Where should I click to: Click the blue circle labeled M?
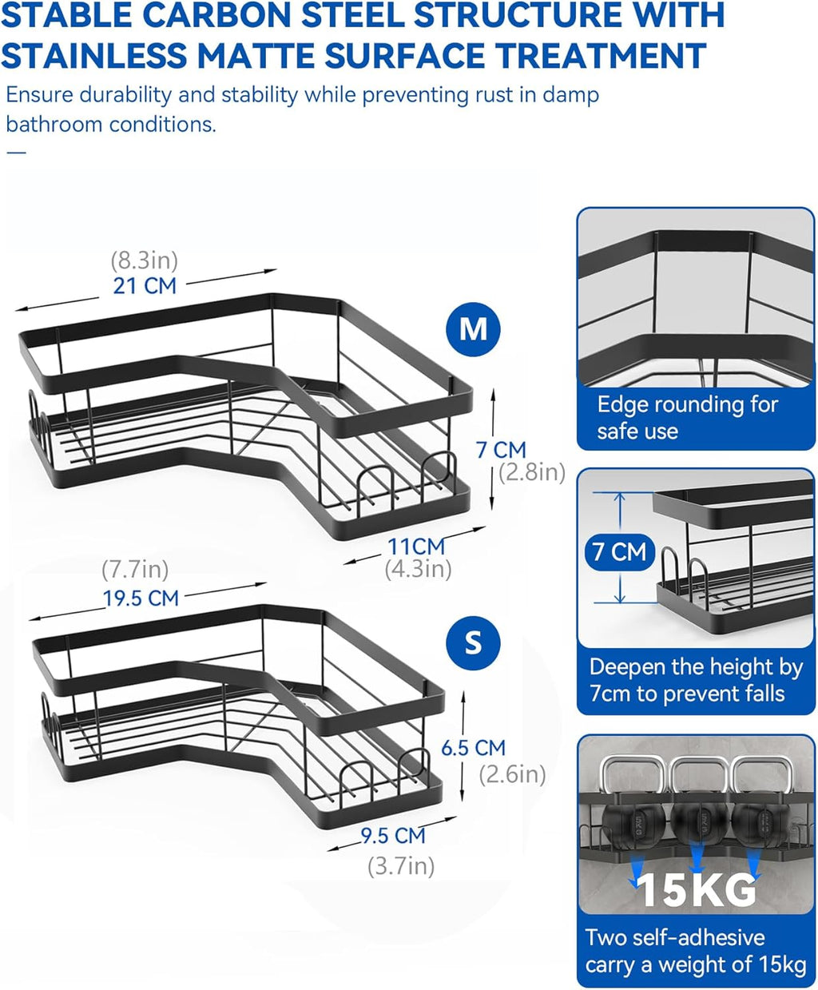coord(473,329)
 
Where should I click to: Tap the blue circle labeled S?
coord(473,643)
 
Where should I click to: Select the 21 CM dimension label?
coord(145,286)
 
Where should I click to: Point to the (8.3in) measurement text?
coord(144,260)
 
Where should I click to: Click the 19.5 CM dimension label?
coord(141,598)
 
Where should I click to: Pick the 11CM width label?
coord(416,547)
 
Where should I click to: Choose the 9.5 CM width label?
coord(393,836)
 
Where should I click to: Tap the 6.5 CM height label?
coord(473,748)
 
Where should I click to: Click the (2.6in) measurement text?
coord(512,775)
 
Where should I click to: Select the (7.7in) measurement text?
coord(135,569)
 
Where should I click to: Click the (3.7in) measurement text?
coord(401,866)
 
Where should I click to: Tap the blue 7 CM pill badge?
coord(619,552)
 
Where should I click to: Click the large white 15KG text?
coord(696,891)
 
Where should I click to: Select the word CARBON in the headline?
coord(216,15)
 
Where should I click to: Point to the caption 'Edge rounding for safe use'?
coord(687,418)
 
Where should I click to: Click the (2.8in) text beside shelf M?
coord(532,472)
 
